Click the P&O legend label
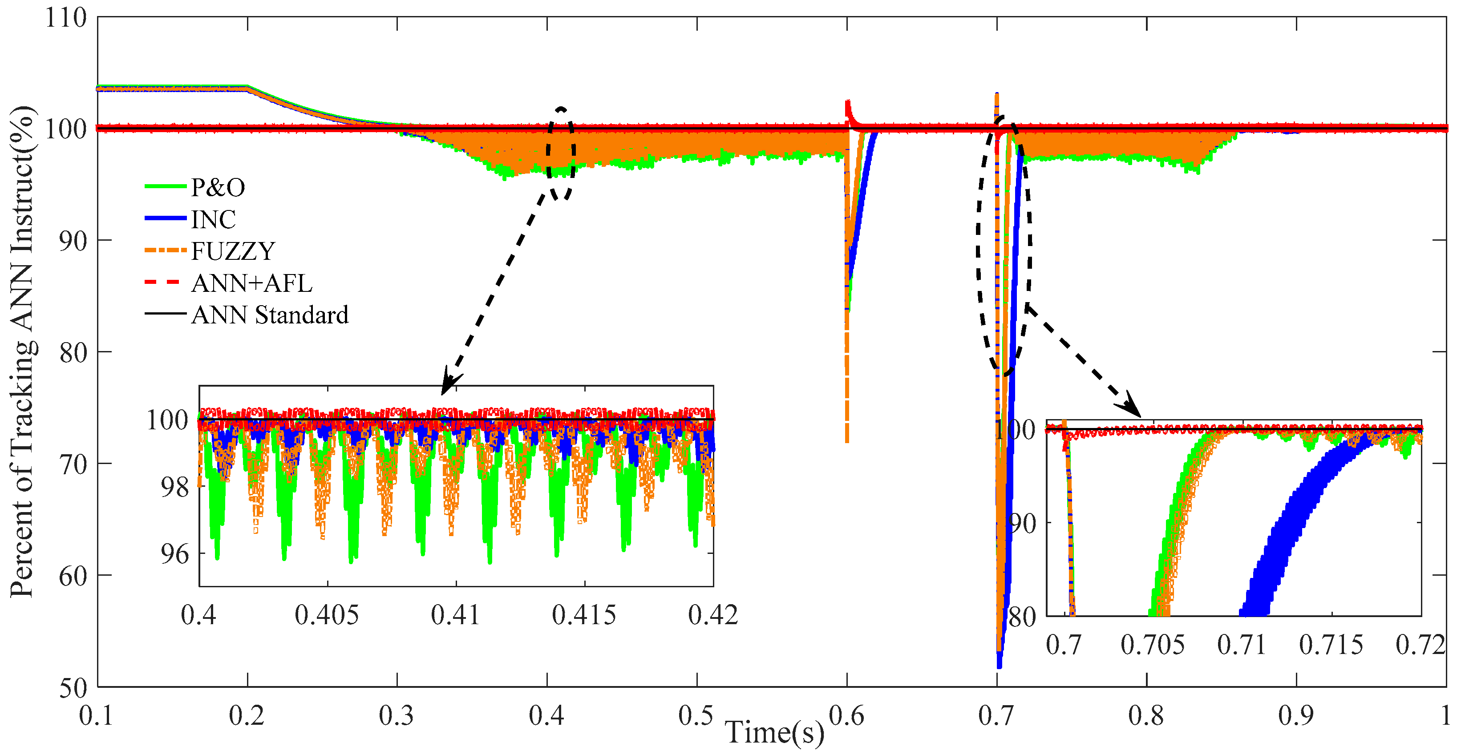[x=218, y=187]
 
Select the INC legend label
[x=213, y=219]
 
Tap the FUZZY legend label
[x=232, y=251]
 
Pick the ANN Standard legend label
[x=270, y=315]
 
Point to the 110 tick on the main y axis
[x=65, y=18]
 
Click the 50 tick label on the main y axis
[x=73, y=688]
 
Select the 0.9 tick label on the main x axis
[x=1295, y=716]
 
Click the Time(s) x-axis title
[x=774, y=732]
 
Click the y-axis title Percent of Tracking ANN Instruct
[x=23, y=351]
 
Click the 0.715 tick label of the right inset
[x=1331, y=645]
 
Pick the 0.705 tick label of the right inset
[x=1152, y=645]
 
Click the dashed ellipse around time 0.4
[x=561, y=153]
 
